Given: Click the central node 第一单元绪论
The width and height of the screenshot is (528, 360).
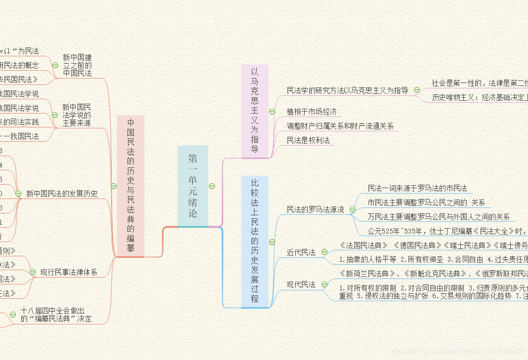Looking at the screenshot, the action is point(193,186).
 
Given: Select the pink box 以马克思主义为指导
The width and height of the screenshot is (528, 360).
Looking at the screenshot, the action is point(254,111).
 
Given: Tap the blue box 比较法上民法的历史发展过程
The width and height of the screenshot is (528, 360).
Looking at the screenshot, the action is point(254,241).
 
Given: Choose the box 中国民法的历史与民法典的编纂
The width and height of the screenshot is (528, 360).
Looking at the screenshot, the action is point(131,186).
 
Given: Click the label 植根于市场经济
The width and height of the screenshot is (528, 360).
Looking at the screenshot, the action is point(312,112).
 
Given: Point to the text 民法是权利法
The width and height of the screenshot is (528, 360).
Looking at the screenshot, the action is point(308,140).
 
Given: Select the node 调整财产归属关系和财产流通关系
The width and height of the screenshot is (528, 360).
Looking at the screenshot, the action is point(340,126).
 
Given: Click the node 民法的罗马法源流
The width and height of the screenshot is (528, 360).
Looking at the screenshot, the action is point(316,210).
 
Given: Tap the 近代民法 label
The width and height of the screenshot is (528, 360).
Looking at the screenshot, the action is point(301,252).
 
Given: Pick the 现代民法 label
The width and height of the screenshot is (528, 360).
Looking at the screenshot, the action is point(301,284).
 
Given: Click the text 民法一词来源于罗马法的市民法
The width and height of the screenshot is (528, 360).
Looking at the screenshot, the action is point(417,188).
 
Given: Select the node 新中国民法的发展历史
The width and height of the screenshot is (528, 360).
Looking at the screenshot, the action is point(62,194).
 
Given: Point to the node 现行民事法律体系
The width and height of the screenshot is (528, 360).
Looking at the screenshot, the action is point(69,272).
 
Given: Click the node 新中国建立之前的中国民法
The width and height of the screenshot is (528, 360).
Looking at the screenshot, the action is point(77,65).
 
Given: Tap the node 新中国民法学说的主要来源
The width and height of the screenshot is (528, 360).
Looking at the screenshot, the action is point(77,115).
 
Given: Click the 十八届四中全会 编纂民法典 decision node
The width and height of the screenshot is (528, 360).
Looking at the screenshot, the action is point(56,315).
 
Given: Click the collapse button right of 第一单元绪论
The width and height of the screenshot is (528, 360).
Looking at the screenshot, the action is point(212,186).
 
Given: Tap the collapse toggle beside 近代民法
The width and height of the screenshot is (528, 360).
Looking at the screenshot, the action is point(325,252).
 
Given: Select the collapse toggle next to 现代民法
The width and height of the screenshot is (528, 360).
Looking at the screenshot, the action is point(325,284).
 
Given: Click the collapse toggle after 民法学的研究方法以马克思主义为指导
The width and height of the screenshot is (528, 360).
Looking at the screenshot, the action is point(417,90).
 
